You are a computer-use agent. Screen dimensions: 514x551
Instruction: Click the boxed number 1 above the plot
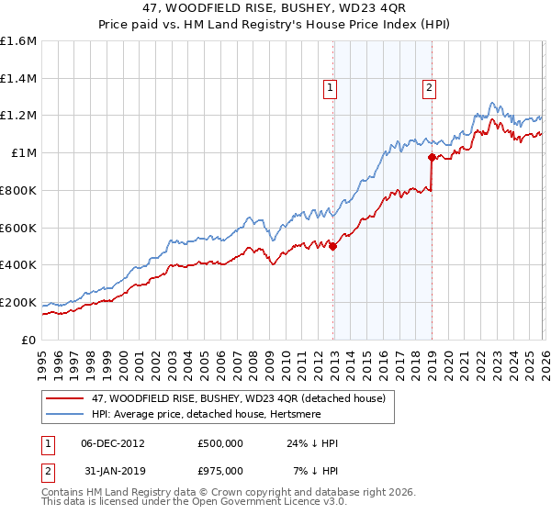330,88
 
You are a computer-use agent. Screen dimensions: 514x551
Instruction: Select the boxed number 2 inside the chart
429,88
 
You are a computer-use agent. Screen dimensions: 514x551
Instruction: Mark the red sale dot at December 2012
332,246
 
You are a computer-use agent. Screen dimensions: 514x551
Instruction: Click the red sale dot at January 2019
432,157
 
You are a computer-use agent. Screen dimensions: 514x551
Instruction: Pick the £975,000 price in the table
220,471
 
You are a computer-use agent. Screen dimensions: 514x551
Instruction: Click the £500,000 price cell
220,443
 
